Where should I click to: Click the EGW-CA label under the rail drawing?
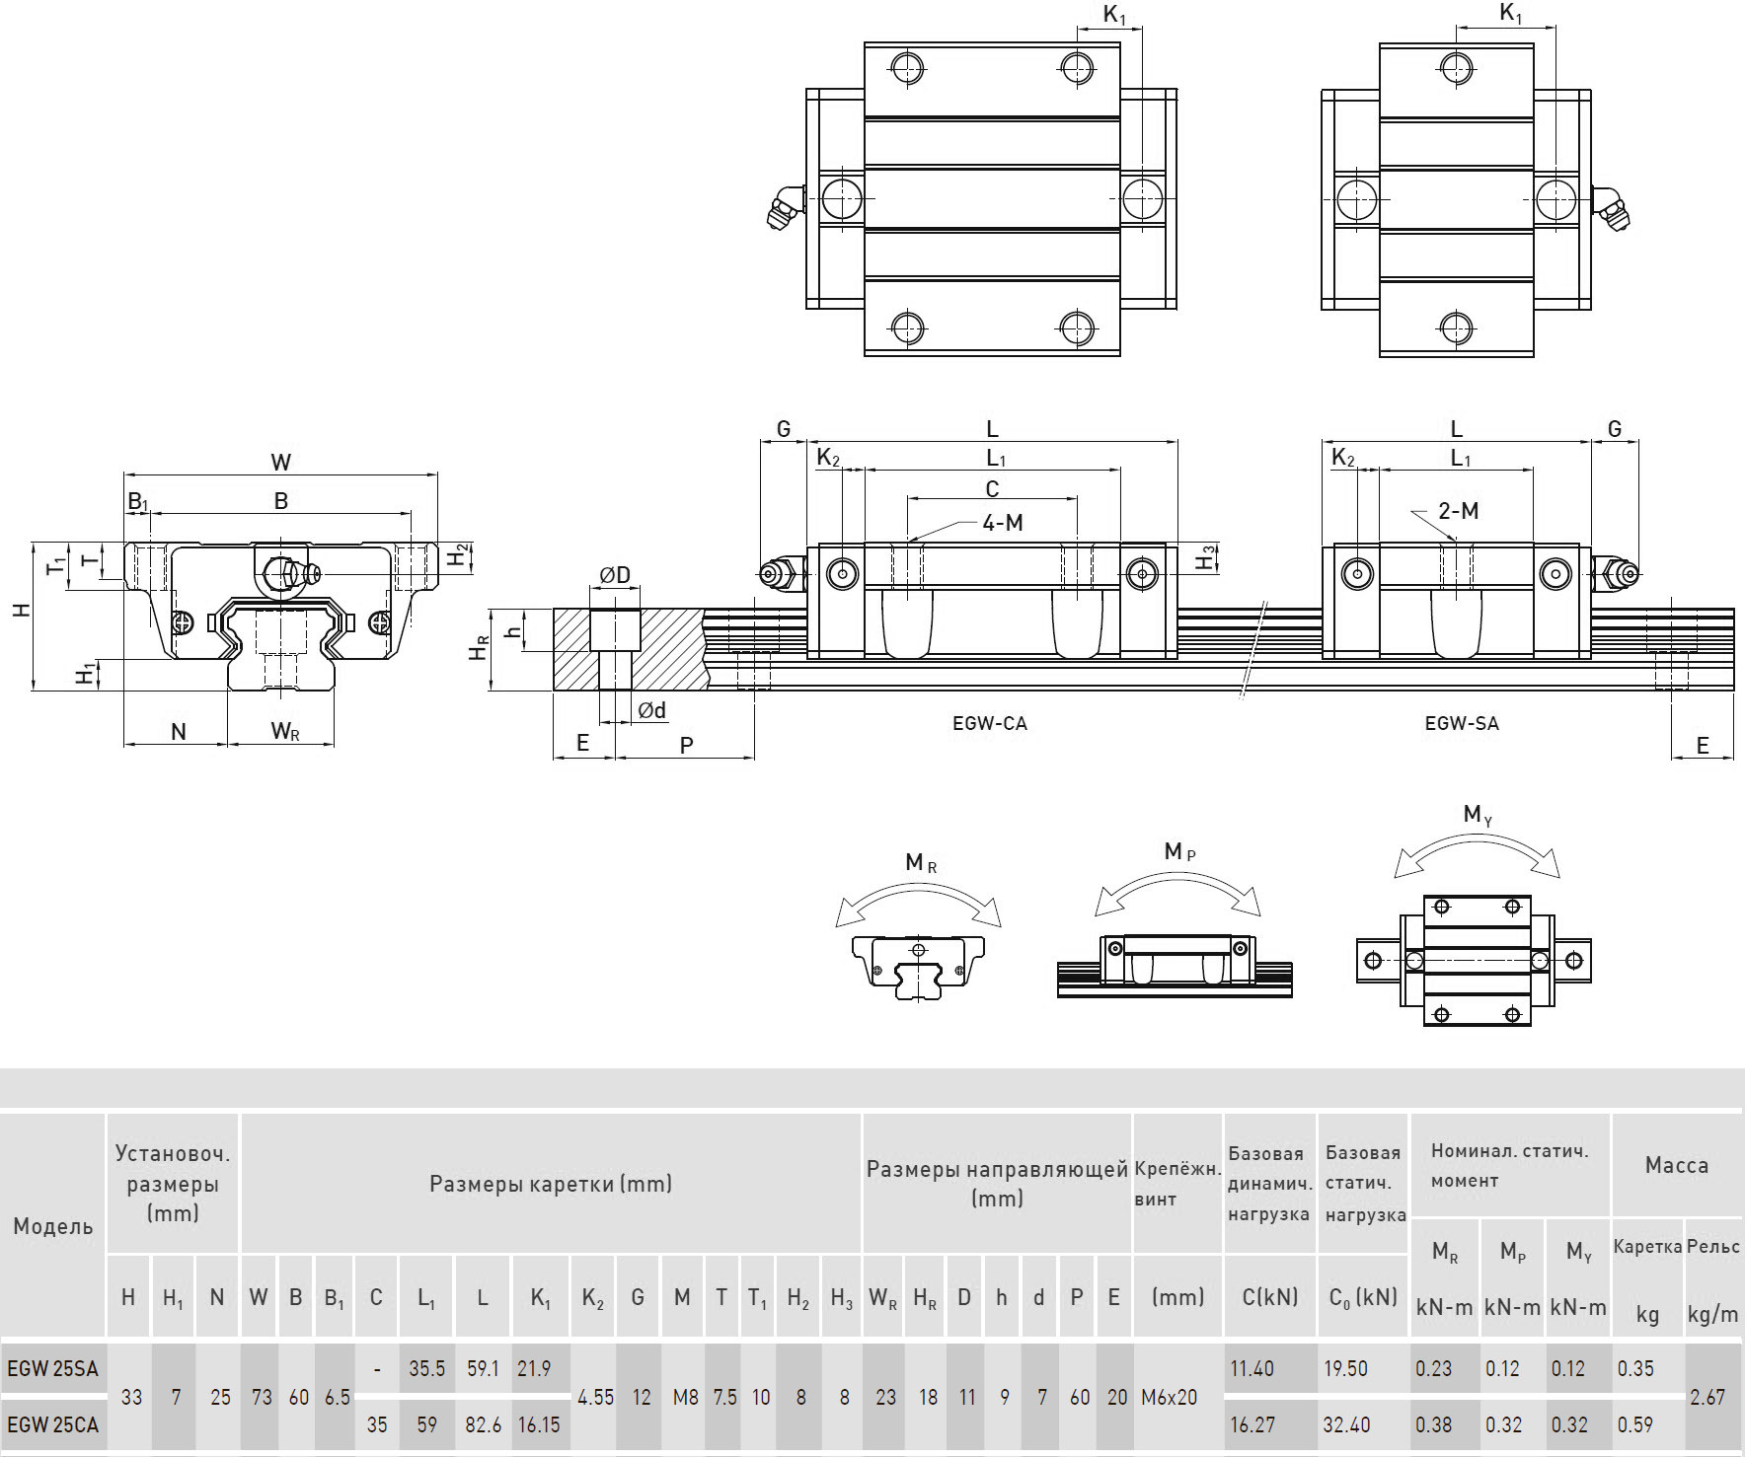tap(990, 723)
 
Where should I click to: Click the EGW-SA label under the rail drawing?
tap(1462, 723)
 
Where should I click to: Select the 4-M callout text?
tap(1003, 523)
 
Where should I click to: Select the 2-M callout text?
tap(1458, 511)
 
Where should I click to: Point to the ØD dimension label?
tap(615, 574)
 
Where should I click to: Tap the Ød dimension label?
tap(651, 710)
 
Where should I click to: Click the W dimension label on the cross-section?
tap(281, 462)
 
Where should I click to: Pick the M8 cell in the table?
tap(685, 1397)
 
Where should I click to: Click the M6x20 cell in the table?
tap(1169, 1397)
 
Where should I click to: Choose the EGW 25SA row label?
tap(52, 1368)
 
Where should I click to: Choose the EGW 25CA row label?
tap(52, 1424)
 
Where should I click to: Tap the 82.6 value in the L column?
tap(483, 1424)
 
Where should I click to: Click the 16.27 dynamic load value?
tap(1252, 1424)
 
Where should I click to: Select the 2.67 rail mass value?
tap(1707, 1397)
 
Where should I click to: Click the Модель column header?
tap(53, 1226)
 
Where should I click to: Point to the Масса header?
tap(1676, 1165)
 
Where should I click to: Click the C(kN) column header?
tap(1269, 1297)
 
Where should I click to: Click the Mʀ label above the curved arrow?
tap(920, 863)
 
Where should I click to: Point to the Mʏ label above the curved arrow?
tap(1477, 814)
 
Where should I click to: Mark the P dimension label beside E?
tap(687, 745)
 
